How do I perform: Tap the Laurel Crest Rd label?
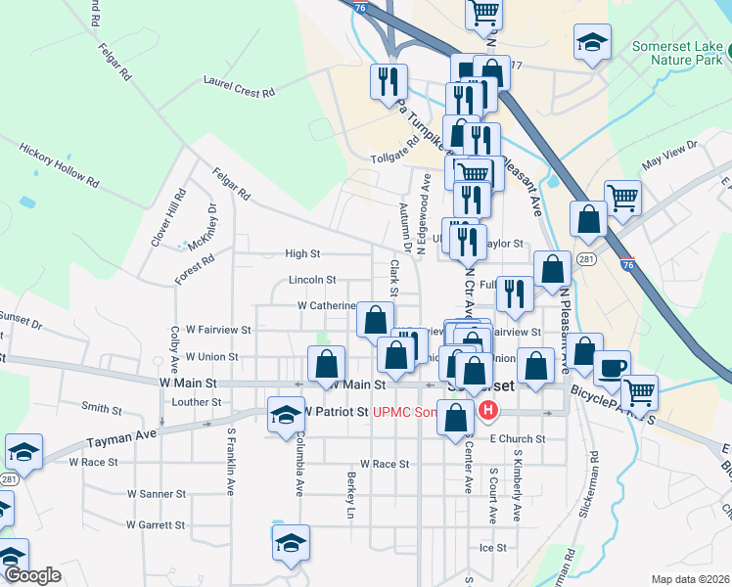(239, 86)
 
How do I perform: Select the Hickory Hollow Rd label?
(59, 163)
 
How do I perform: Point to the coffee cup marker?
(612, 369)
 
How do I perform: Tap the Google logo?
(31, 575)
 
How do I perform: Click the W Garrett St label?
(157, 524)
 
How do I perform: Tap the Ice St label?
(492, 548)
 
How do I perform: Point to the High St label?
(302, 253)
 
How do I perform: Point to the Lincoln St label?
(312, 280)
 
